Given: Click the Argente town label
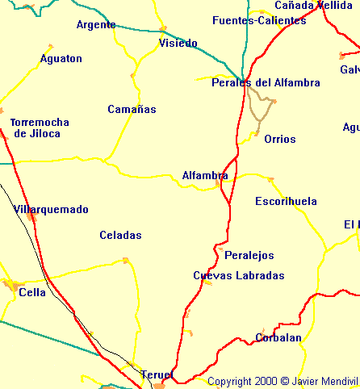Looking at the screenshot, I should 96,24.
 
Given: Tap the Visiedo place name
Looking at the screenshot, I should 178,43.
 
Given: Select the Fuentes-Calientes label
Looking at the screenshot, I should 259,20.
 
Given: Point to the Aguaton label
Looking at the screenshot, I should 61,59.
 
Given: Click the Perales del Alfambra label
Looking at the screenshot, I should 266,82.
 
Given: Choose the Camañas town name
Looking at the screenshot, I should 132,109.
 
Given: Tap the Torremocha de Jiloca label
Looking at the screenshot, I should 40,128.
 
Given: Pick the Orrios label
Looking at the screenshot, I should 280,139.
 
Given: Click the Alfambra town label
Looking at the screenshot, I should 205,175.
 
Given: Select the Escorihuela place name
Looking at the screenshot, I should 286,201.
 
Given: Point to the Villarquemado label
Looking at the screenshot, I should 51,209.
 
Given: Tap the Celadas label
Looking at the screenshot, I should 120,236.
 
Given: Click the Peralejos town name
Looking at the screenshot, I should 249,255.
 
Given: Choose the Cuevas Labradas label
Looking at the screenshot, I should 239,275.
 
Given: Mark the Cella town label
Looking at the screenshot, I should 32,292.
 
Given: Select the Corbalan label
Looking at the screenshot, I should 278,337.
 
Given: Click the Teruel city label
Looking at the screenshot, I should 157,374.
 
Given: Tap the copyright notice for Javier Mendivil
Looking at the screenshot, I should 282,381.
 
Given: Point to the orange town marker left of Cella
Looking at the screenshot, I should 10,285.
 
